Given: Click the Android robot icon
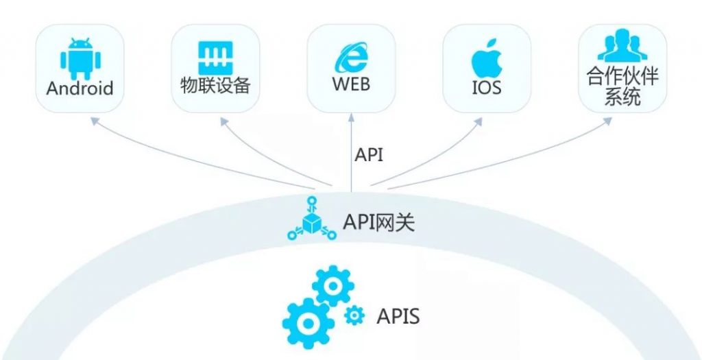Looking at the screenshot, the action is point(80,59).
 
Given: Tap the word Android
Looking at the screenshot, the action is point(80,88).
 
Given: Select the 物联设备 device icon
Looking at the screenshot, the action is point(215,58).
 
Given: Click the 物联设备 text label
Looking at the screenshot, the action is point(215,85).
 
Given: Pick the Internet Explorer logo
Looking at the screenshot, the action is point(351,58).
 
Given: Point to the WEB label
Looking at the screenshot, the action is point(351,84).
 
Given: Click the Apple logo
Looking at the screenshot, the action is point(487,58).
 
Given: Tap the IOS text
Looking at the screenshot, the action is point(487,88).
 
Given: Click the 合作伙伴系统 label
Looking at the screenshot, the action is point(622,86).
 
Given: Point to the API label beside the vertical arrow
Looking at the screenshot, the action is point(369,155).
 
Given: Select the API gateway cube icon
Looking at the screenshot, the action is point(312,219).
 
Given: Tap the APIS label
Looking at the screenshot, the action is point(398,317).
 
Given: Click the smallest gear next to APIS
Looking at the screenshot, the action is point(354,315).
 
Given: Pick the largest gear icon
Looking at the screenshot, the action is point(308,322).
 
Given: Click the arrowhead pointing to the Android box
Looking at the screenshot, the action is point(95,121).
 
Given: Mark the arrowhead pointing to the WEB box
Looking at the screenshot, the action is point(351,117).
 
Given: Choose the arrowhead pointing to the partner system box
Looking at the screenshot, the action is point(607,121).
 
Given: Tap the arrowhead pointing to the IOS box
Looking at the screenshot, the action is point(478,121).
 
